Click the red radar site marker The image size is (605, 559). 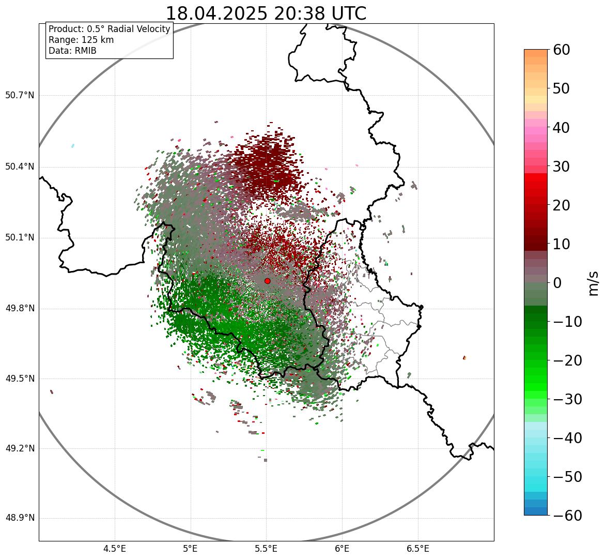(267, 281)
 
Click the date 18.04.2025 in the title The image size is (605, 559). (217, 13)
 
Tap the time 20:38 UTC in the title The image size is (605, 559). (320, 13)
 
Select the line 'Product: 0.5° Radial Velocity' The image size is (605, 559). (109, 29)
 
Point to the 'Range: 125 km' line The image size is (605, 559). (81, 40)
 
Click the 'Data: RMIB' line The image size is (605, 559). (72, 51)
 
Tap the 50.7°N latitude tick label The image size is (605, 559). (20, 96)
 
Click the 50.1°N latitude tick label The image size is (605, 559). (20, 238)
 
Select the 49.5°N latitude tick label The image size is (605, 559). (20, 379)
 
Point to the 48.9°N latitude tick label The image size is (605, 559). (20, 518)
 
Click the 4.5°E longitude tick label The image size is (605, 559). (115, 549)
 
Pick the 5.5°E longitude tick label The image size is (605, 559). (266, 549)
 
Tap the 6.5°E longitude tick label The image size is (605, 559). (418, 549)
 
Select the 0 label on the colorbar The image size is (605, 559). (557, 283)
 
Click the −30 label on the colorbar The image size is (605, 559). (568, 399)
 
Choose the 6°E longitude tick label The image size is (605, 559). (342, 549)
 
